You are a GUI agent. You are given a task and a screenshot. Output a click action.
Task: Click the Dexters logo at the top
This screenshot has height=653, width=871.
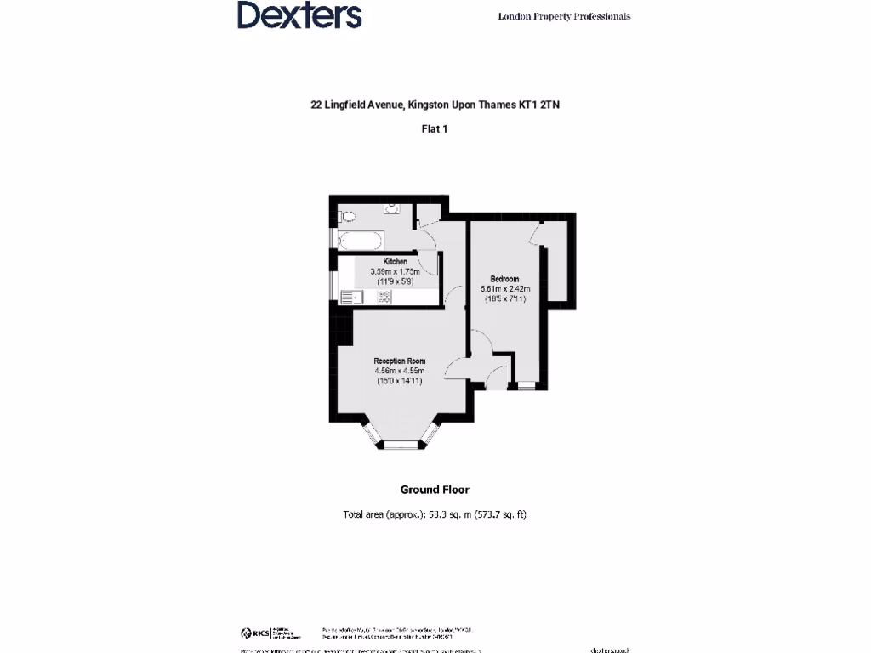click(299, 15)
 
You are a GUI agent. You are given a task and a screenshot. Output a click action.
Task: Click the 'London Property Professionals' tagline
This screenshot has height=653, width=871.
click(564, 16)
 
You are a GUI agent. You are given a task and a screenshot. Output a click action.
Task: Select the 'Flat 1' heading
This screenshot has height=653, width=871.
click(435, 129)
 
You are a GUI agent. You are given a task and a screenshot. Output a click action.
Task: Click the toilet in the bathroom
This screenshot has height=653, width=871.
click(347, 216)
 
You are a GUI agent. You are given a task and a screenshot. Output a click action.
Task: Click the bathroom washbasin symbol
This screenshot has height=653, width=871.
click(392, 208)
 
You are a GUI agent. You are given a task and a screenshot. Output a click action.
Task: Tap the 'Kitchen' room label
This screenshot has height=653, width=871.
click(396, 261)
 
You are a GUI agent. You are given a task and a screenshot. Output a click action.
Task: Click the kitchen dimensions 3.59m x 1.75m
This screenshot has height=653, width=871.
click(395, 271)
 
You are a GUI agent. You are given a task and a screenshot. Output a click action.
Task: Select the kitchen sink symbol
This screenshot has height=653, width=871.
click(350, 297)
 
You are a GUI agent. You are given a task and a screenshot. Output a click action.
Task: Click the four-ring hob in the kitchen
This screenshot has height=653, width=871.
click(384, 297)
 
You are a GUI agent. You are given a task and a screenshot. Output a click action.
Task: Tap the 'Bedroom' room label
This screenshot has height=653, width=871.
click(504, 279)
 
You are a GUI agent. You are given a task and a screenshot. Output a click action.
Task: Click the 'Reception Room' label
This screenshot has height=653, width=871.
click(399, 361)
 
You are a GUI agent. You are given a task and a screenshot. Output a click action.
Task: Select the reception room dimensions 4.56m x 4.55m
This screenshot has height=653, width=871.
click(399, 372)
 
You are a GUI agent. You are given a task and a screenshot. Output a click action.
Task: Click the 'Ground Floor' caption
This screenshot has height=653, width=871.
click(435, 490)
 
